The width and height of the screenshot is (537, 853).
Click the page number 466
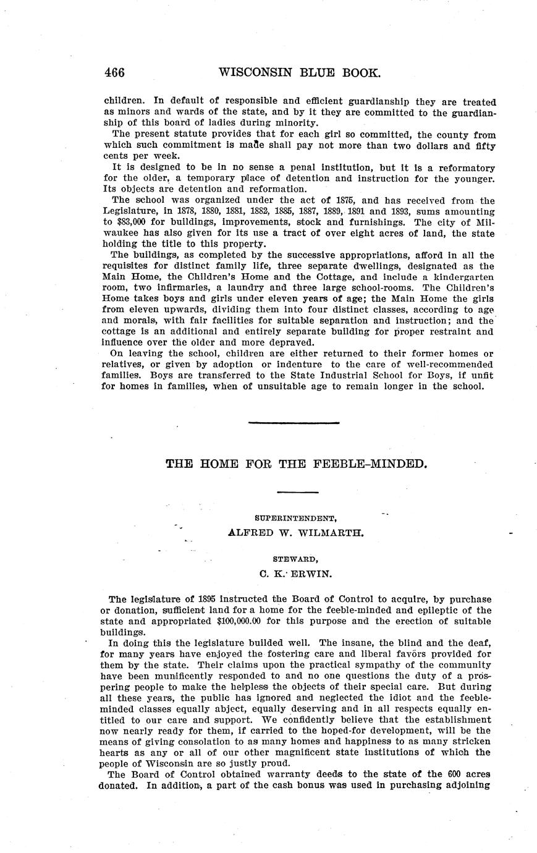pyautogui.click(x=115, y=73)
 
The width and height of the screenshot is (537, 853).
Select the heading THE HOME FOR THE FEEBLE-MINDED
pyautogui.click(x=297, y=463)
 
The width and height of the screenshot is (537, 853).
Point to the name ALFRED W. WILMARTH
pyautogui.click(x=296, y=532)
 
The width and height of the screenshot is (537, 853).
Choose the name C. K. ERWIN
pyautogui.click(x=296, y=573)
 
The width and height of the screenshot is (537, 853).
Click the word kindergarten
pyautogui.click(x=465, y=276)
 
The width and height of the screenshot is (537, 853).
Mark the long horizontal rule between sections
pyautogui.click(x=294, y=423)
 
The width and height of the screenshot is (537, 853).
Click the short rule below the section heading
pyautogui.click(x=297, y=492)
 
